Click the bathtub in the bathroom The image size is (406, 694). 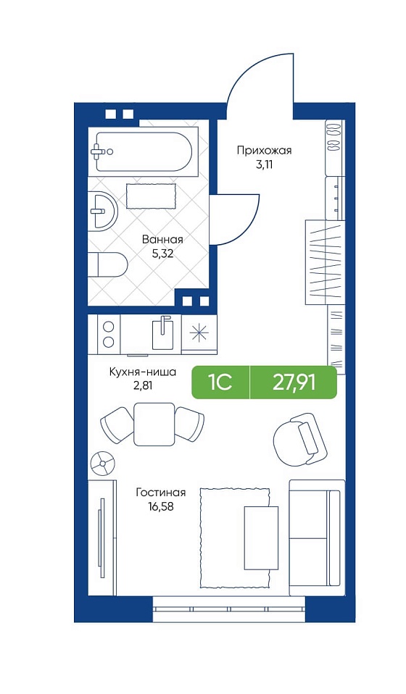[144, 152]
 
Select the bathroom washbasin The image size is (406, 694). [102, 212]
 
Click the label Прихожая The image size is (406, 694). [264, 151]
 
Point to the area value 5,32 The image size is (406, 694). [162, 254]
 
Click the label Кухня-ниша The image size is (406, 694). [143, 372]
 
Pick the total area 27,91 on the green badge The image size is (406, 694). [294, 382]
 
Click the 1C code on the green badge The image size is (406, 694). [220, 382]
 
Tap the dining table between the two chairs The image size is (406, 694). [154, 424]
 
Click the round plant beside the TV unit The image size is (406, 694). [103, 463]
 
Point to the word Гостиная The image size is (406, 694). [161, 493]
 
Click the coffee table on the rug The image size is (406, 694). [261, 537]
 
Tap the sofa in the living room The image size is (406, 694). [316, 538]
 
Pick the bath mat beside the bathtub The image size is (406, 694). [152, 196]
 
